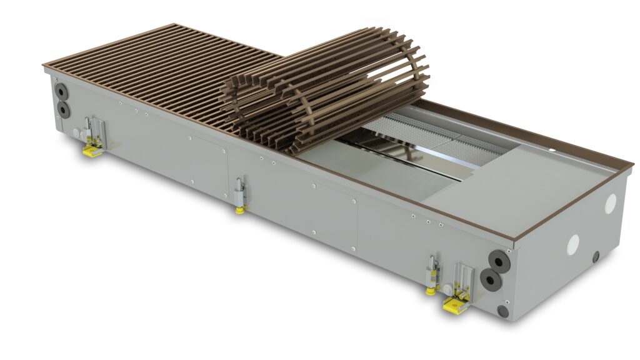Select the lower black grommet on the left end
click(x=64, y=109)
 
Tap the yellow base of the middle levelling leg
click(x=239, y=209)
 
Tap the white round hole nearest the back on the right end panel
click(x=610, y=202)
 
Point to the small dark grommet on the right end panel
click(x=596, y=256)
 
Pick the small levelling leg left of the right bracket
click(x=431, y=275)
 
